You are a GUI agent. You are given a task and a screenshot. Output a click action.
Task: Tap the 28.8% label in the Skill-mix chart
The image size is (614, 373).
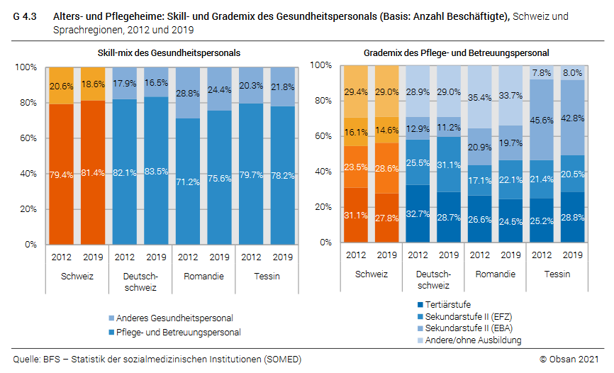[188, 94]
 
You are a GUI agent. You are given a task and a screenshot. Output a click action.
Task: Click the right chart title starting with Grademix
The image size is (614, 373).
[456, 53]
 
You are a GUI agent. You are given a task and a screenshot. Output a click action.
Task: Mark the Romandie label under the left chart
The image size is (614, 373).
[203, 276]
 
